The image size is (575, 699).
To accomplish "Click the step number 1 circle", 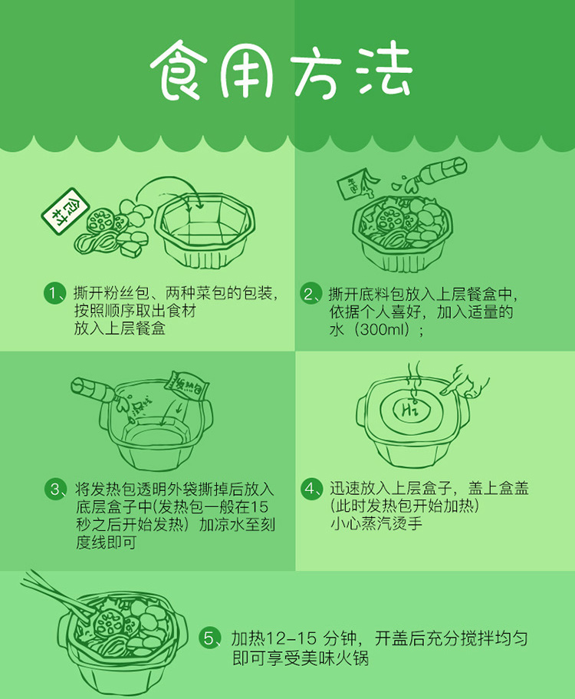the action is pos(54,294).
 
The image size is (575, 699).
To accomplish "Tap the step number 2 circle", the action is pos(310,294).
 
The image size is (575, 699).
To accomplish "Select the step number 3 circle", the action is pos(55,489).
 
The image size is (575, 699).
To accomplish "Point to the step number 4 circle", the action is pos(311,489).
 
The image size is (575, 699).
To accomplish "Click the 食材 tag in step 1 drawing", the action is pos(65,211).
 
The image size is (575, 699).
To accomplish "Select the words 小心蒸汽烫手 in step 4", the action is pos(376,523).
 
